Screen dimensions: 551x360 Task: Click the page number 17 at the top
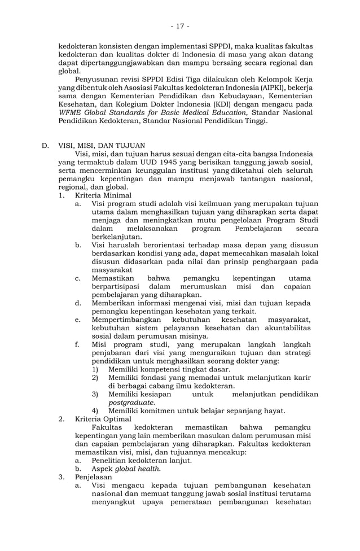coord(180,26)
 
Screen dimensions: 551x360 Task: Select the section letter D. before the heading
coord(46,145)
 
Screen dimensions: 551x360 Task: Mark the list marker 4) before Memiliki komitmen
coord(95,410)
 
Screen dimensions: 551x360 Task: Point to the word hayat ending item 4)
coord(274,410)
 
